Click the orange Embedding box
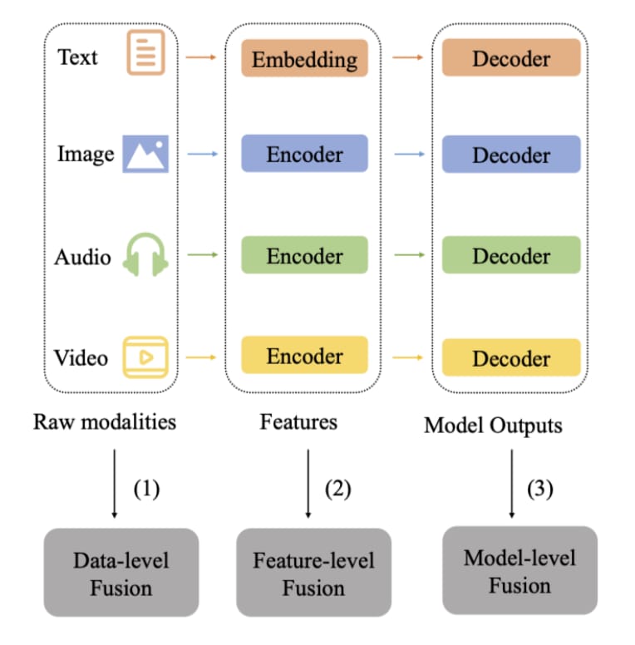point(304,59)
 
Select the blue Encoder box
point(304,154)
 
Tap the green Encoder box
point(304,255)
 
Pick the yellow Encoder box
point(304,355)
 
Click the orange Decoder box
point(510,58)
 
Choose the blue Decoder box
point(510,155)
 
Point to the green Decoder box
point(510,255)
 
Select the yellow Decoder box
point(510,357)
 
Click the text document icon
point(145,52)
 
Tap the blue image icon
point(145,154)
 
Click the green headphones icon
point(145,254)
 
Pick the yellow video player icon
point(145,357)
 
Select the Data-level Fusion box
point(121,573)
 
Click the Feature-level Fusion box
point(313,573)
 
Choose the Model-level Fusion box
point(519,570)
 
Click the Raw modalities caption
point(105,421)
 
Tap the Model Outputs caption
point(493,426)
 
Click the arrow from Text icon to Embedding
point(201,57)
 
